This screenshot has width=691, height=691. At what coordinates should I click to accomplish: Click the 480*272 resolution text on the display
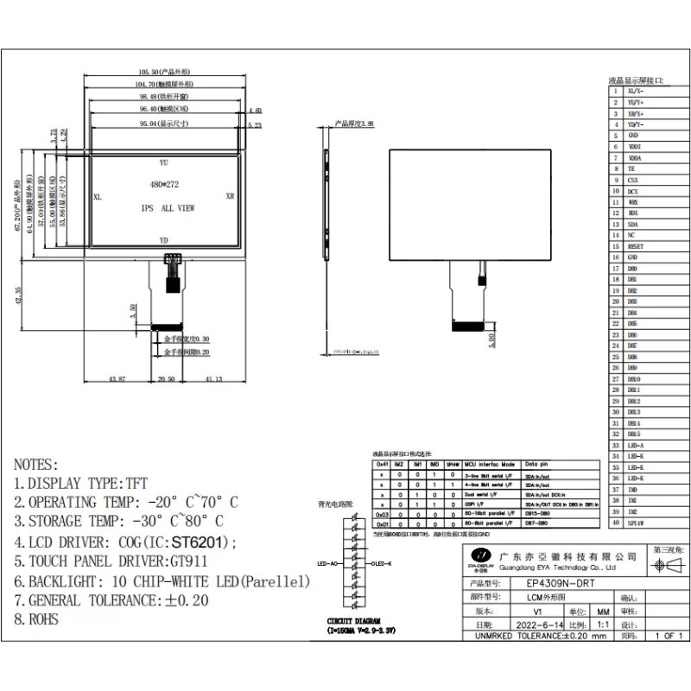click(x=163, y=184)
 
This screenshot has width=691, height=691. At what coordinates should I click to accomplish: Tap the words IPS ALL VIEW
click(x=168, y=208)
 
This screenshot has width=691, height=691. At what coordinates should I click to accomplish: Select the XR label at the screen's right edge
click(x=229, y=197)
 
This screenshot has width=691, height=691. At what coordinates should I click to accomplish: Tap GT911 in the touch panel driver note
click(x=189, y=562)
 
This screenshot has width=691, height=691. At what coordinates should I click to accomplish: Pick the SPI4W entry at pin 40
click(x=636, y=523)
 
